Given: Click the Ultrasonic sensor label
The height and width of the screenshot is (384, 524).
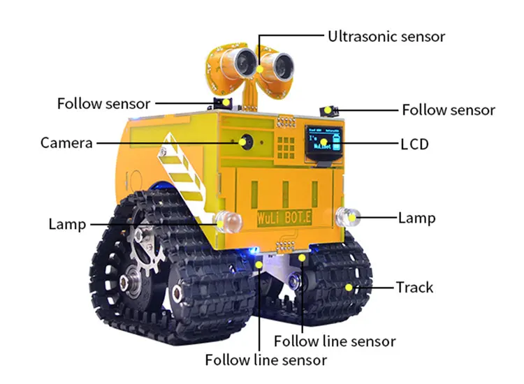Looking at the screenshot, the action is (386, 36).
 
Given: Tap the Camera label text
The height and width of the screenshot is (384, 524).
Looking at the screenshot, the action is (66, 143).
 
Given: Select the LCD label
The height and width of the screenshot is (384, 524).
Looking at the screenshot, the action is (414, 145).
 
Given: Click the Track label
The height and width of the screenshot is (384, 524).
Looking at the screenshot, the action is (414, 287).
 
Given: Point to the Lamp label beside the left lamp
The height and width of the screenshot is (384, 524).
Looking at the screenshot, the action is (67, 224).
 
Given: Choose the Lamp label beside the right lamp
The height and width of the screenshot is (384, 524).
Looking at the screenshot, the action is (416, 218).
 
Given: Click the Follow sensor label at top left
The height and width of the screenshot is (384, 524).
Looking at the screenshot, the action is (103, 103).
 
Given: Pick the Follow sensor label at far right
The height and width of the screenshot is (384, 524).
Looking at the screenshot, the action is (449, 110).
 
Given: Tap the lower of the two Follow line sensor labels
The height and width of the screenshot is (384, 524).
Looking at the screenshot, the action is (265, 360).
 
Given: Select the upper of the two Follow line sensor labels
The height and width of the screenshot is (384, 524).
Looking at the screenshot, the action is (335, 341).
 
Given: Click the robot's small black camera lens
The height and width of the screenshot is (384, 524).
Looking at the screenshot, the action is (245, 141).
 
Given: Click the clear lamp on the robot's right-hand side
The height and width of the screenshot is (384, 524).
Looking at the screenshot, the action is (347, 217).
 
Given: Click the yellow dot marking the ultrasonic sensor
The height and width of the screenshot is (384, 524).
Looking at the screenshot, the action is (260, 71).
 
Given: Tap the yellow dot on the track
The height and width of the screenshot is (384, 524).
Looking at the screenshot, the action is (349, 287).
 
